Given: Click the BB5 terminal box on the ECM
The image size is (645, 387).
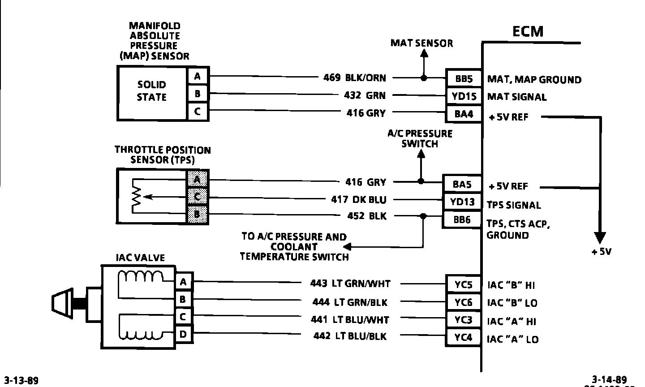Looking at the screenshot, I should click(464, 79).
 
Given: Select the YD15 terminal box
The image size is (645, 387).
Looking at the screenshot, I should click(464, 96).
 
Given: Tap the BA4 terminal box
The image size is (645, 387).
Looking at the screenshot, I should click(464, 114).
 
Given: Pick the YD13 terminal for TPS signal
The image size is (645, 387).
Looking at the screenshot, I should click(462, 202).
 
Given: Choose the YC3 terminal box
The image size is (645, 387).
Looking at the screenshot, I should click(464, 320).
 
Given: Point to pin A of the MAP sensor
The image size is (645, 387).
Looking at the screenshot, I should click(198, 77).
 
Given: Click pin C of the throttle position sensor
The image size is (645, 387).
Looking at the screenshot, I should click(197, 197).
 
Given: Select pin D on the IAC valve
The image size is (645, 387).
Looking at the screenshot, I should click(183, 334).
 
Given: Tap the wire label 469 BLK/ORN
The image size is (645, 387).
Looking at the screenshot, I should click(354, 77).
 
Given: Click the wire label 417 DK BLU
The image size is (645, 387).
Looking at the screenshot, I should click(358, 199).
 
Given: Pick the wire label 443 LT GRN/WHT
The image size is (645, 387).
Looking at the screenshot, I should click(350, 283).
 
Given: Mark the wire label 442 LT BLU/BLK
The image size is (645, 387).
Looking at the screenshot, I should click(349, 336).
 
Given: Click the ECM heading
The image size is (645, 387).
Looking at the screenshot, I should click(528, 31).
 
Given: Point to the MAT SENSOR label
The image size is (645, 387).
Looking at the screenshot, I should click(421, 43).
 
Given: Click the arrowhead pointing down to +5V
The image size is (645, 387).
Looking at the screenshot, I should click(599, 238).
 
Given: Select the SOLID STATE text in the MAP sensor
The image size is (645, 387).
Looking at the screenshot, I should click(151, 91).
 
